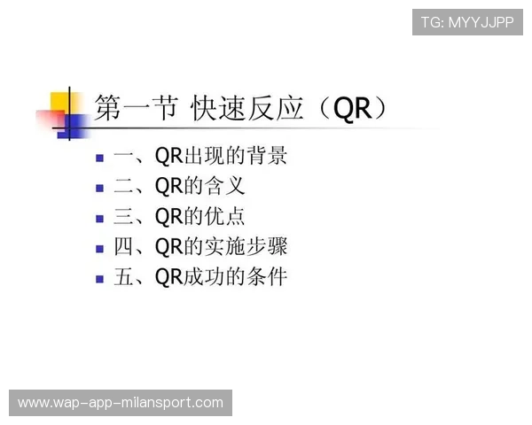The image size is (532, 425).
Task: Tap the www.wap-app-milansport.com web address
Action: click(121, 403)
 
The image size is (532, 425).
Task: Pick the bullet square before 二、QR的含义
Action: click(100, 189)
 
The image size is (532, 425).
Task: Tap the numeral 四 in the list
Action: click(124, 248)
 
